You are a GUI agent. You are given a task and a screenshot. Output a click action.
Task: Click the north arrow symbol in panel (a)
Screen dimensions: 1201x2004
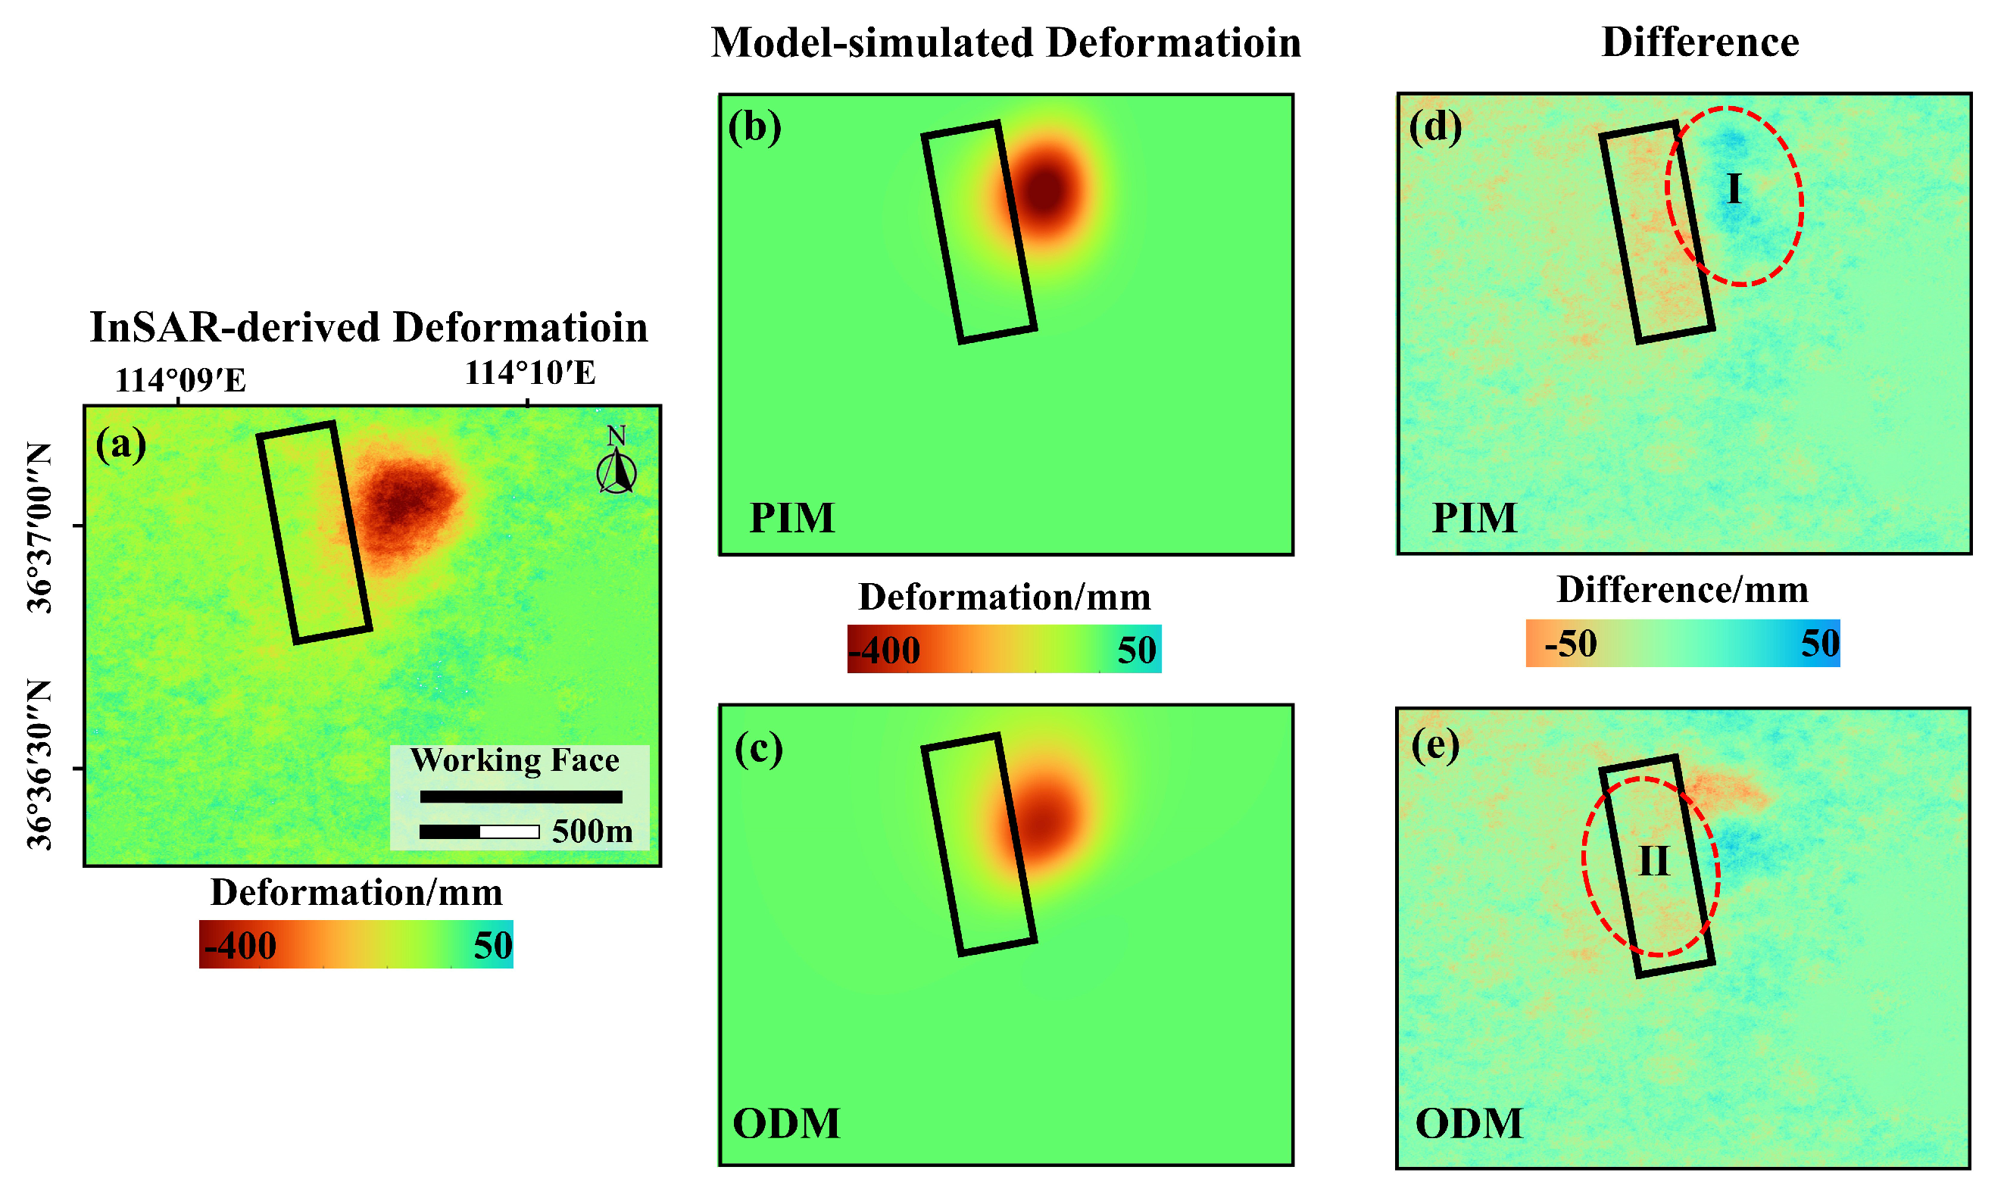click(x=616, y=468)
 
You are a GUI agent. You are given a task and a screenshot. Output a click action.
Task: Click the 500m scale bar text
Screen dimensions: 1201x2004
click(x=592, y=832)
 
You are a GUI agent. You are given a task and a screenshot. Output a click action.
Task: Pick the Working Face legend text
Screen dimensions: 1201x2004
click(x=515, y=761)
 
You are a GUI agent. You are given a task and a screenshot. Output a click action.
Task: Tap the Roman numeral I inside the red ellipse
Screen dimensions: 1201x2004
click(x=1733, y=189)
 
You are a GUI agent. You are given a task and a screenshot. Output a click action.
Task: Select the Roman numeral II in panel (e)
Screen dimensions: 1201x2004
click(x=1653, y=861)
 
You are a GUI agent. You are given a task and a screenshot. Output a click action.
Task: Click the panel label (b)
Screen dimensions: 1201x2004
click(x=754, y=127)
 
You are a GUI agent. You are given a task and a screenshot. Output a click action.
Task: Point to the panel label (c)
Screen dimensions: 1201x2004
click(x=758, y=749)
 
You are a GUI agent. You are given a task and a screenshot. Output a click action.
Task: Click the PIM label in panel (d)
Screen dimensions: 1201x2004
click(x=1474, y=518)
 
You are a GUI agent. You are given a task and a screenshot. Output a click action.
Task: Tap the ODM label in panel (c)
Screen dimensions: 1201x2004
click(x=786, y=1123)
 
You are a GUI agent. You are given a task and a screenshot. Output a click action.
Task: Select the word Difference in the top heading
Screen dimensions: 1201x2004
click(x=1700, y=42)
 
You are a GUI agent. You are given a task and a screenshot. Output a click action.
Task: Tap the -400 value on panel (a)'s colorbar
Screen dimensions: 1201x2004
click(x=241, y=945)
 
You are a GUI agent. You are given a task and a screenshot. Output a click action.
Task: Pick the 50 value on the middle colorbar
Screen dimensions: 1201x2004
click(x=1135, y=650)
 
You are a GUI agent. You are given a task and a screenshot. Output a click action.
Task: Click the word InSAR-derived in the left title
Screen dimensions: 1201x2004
click(x=235, y=328)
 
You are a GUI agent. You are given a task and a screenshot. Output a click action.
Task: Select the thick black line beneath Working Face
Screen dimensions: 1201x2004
click(x=520, y=797)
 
